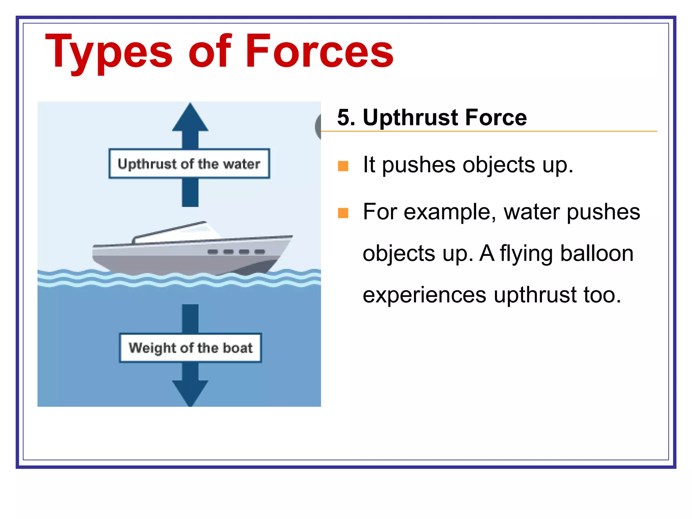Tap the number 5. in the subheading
click(346, 118)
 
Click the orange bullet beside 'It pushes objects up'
click(343, 166)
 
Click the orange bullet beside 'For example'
click(343, 213)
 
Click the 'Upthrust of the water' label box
click(189, 164)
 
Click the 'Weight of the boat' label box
click(191, 348)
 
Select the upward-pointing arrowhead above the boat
click(190, 118)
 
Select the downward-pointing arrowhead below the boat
click(190, 392)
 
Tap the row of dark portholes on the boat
click(236, 251)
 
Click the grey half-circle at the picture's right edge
click(318, 127)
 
